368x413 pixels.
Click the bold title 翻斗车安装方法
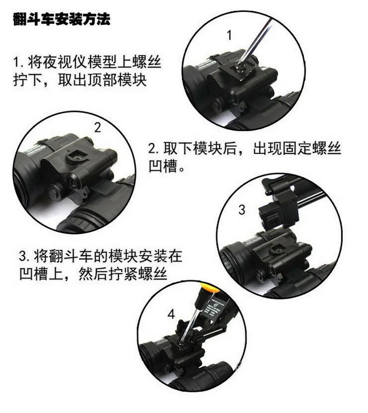[x=62, y=19]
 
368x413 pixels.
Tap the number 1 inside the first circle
[x=229, y=35]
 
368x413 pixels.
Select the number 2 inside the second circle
[x=98, y=128]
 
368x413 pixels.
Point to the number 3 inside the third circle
[x=241, y=210]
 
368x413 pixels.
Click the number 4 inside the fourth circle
[x=171, y=314]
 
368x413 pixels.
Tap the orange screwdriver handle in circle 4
[x=210, y=287]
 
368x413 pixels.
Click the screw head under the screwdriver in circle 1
[x=240, y=69]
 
